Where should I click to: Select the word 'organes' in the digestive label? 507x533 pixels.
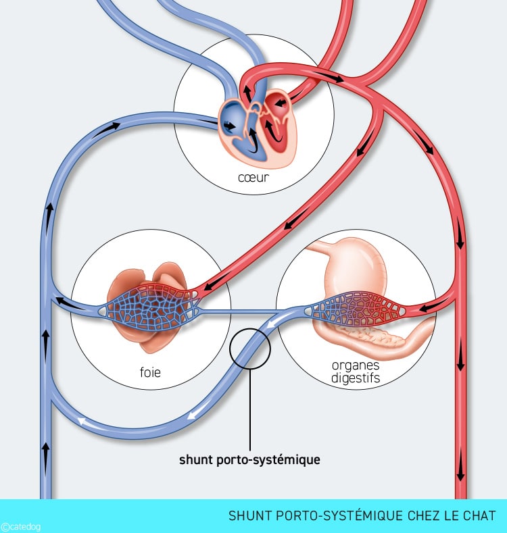point(356,365)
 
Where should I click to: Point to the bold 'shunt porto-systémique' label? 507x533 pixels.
point(249,460)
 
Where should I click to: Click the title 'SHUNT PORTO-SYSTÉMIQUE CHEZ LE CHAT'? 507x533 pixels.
point(362,516)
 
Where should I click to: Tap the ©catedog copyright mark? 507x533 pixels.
point(20,527)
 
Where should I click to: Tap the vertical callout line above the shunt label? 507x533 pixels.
point(249,405)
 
